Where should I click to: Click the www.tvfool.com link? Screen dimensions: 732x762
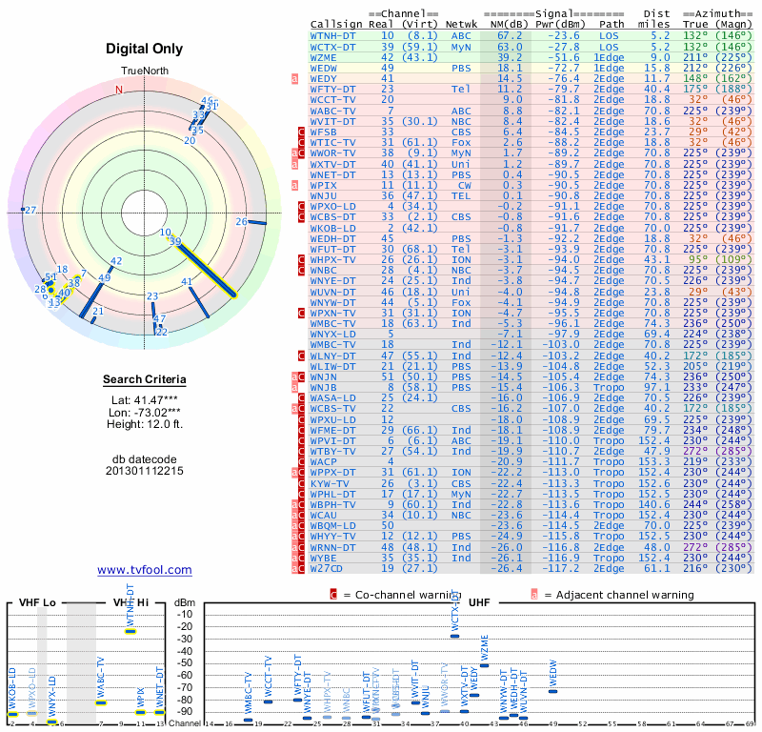tap(144, 570)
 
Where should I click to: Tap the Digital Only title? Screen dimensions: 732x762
tap(145, 49)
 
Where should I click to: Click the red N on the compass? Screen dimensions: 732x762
tap(119, 90)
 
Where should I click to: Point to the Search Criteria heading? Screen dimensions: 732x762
tap(145, 380)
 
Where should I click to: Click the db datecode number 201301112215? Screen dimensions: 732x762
tap(145, 471)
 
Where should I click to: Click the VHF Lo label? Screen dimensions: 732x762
tap(37, 603)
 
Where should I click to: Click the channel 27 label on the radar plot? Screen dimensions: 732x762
tap(30, 210)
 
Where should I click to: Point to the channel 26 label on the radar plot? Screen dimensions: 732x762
tap(242, 222)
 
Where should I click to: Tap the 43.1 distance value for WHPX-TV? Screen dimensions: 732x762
tap(660, 259)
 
